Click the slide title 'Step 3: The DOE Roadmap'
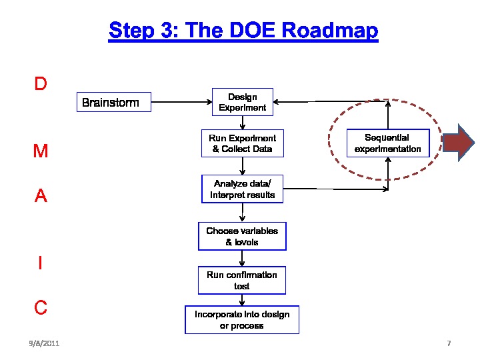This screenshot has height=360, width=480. pos(243,31)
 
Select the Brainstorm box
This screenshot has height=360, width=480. pos(113,102)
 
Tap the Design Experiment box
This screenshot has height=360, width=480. pos(243,102)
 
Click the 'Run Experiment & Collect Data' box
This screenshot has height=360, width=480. pos(242,143)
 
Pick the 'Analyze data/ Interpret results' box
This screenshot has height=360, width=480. pos(242,189)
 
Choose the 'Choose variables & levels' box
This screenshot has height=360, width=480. pos(242,236)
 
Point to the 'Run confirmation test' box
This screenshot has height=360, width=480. pos(242,280)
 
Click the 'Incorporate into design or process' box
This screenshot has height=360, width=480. pos(242,320)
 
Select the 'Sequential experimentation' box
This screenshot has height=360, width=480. pos(388,143)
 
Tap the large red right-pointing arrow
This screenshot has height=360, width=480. pos(459,143)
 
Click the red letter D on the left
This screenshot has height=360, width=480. pos(41,84)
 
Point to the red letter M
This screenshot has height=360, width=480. pos(41,151)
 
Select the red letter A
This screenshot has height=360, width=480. pos(41,196)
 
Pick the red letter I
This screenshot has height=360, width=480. pos(41,263)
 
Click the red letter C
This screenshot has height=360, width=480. pos(41,307)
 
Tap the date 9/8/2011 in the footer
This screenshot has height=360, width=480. pos(44,343)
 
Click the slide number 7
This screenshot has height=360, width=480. pos(449,343)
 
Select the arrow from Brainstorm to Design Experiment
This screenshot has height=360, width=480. pos(181,102)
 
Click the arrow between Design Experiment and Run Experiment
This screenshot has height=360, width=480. pos(243,123)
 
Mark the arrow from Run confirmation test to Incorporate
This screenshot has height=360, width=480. pos(242,300)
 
